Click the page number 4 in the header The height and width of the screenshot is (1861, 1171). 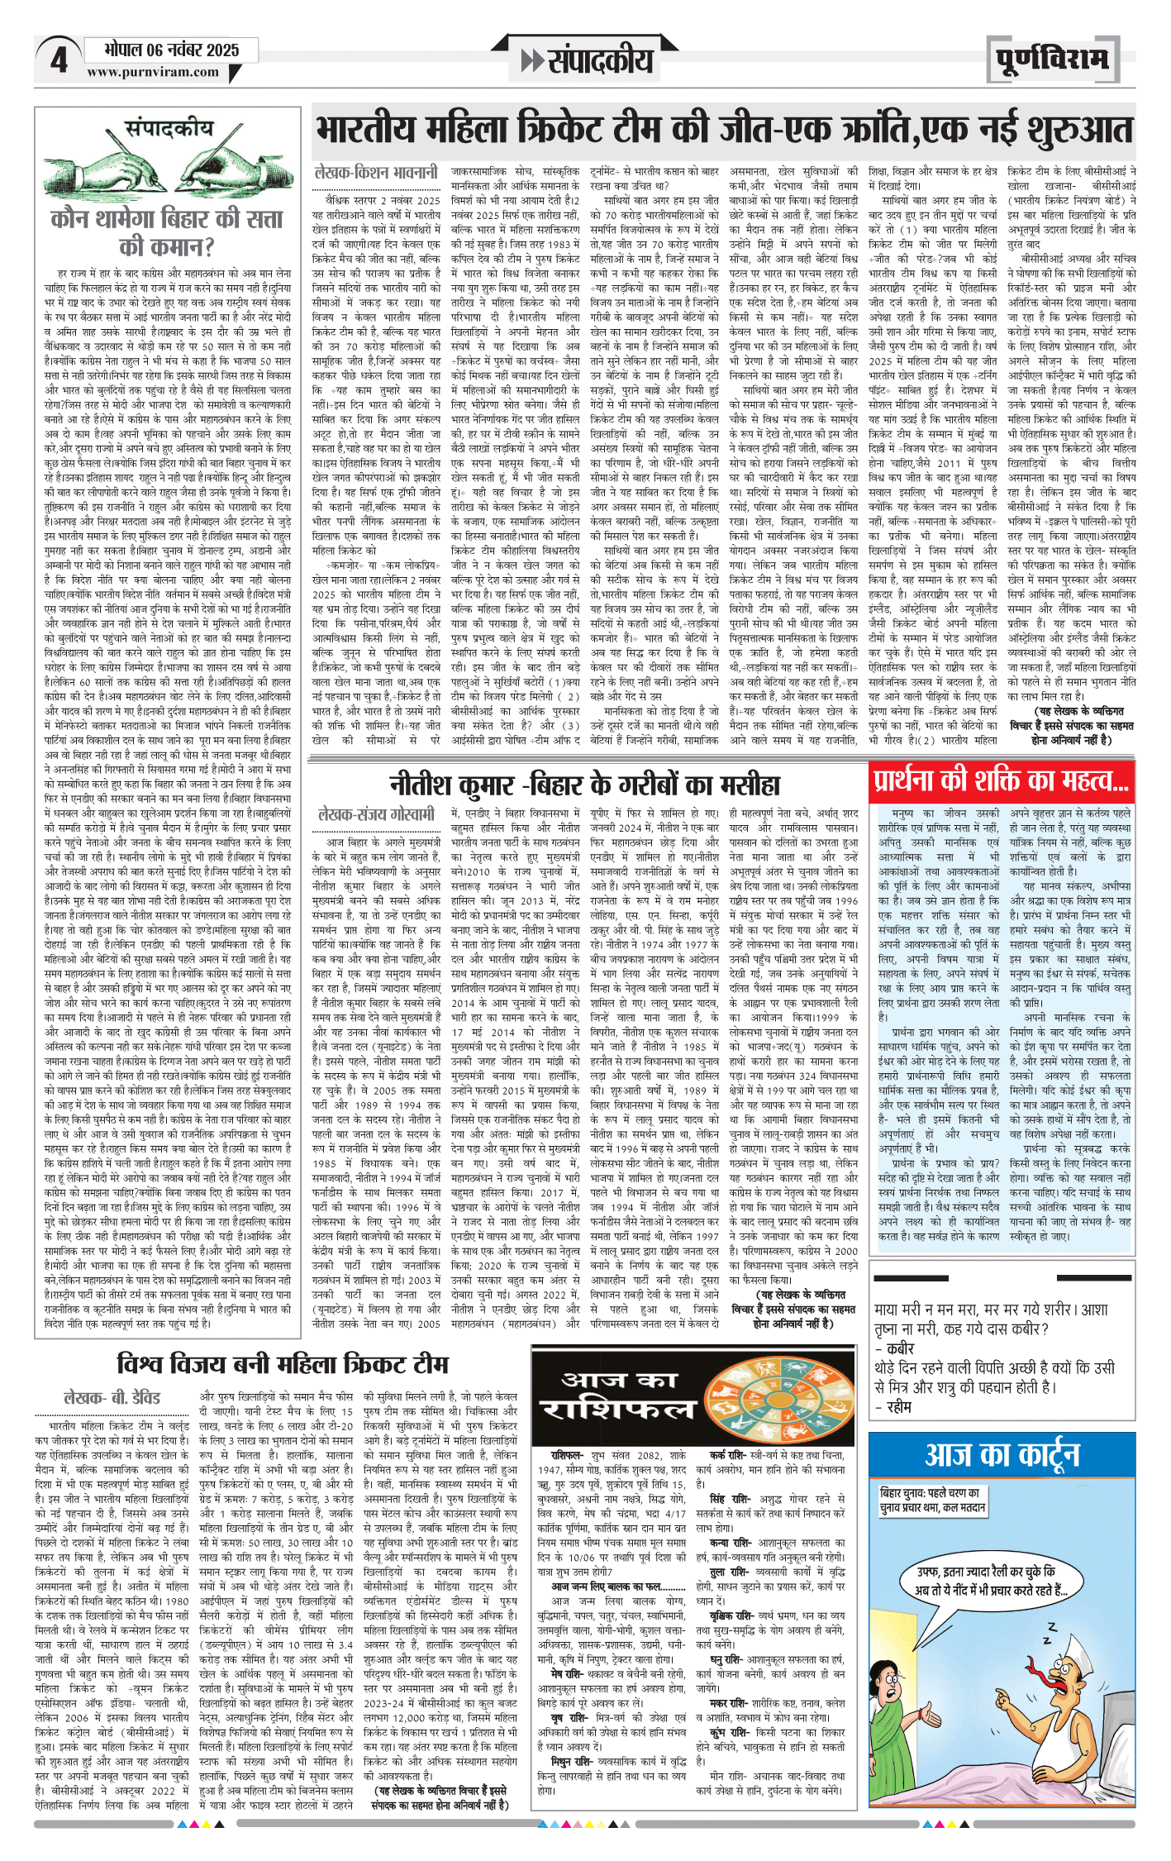point(58,60)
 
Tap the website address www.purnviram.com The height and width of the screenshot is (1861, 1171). point(153,72)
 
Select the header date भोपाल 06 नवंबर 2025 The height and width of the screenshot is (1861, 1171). point(171,50)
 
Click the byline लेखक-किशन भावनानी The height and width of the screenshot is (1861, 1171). point(376,173)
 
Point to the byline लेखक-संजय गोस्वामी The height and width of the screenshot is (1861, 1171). point(376,814)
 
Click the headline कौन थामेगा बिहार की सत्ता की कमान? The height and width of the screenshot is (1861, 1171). point(167,232)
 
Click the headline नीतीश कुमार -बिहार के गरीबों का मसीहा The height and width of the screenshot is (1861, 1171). point(585,784)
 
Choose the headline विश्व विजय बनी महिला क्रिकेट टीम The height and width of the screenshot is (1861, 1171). point(283,1363)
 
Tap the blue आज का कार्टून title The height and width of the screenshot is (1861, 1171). point(1002,1455)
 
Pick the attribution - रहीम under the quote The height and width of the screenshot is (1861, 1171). point(893,1406)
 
